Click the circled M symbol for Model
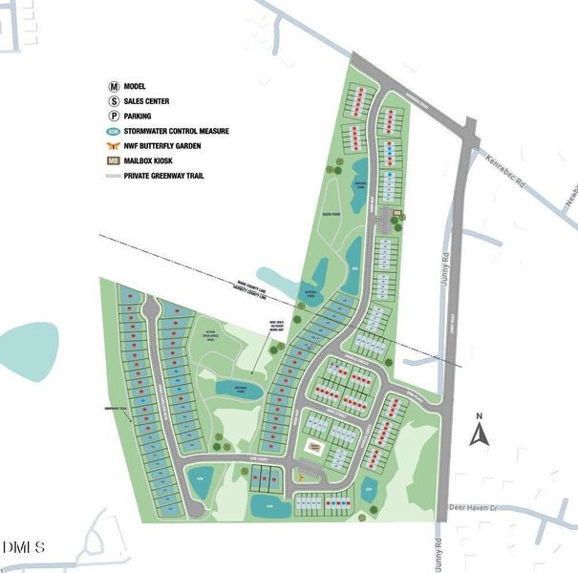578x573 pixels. [115, 86]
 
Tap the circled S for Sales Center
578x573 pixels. [115, 101]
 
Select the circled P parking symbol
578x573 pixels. [115, 117]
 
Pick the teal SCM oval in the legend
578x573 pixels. [115, 131]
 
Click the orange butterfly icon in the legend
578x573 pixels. [115, 146]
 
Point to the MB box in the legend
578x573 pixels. [115, 160]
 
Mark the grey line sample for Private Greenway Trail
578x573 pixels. [115, 176]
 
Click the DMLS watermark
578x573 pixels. [24, 547]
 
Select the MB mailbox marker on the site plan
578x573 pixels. [397, 212]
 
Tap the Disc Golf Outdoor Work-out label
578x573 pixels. [279, 328]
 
